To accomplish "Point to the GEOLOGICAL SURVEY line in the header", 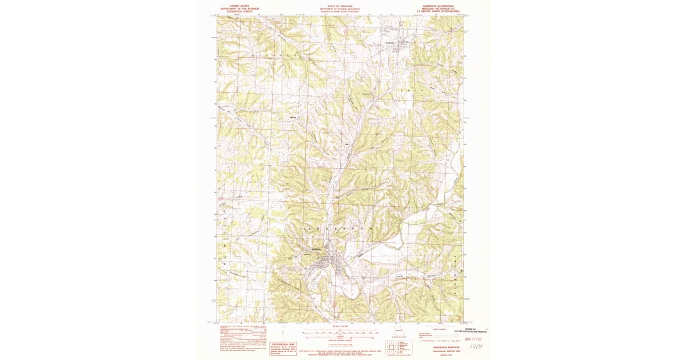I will pos(239,10).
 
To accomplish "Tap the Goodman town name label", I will pos(389,45).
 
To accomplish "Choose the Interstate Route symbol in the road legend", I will pos(421,341).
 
